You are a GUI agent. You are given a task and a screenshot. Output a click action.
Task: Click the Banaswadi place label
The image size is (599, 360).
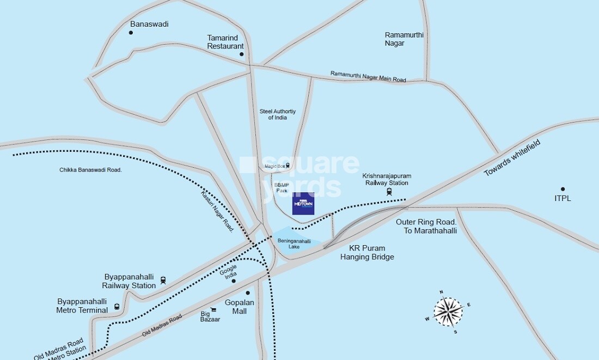[x=149, y=24]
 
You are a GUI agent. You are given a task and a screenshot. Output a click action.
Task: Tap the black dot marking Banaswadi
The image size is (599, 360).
[x=131, y=33]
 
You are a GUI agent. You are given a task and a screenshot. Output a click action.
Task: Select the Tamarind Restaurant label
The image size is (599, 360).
[x=225, y=42]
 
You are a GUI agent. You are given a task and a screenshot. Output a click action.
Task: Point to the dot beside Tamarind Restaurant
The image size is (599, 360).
[x=242, y=54]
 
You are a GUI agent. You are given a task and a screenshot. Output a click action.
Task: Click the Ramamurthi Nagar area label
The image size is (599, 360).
[x=404, y=39]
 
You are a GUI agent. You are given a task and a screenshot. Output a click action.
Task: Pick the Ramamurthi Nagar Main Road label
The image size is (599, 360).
[x=368, y=77]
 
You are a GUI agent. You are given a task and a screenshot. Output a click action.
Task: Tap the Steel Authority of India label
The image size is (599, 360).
[x=277, y=114]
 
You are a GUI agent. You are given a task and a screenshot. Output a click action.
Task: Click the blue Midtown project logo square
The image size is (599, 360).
[x=303, y=204]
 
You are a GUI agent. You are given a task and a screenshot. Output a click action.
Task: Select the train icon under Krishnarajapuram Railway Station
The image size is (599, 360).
[x=389, y=192]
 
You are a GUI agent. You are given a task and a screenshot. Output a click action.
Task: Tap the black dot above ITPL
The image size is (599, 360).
[x=563, y=189]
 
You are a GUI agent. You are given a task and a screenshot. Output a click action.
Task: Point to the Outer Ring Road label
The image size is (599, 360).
[x=426, y=226]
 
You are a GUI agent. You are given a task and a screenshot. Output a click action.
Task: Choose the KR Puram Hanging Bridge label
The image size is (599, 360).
[x=367, y=252]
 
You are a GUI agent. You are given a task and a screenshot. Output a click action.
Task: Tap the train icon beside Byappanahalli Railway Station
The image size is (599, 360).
[x=163, y=280]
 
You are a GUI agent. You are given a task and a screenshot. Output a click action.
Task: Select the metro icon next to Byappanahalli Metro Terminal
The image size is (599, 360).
[x=117, y=306]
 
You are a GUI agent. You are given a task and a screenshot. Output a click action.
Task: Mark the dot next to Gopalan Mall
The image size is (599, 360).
[x=247, y=292]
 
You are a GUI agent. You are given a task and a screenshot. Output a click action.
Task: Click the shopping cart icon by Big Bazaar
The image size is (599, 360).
[x=214, y=309]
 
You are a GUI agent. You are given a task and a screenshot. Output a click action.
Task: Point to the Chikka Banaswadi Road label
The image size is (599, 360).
[x=90, y=170]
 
